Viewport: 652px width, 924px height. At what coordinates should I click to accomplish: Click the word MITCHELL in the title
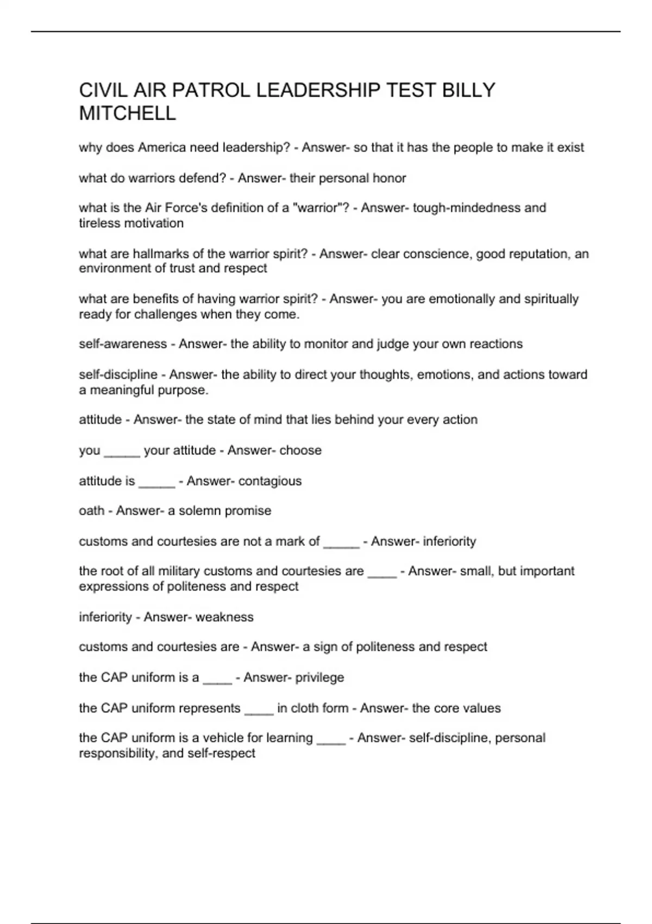(x=128, y=114)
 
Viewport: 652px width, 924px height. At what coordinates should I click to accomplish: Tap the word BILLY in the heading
(x=468, y=90)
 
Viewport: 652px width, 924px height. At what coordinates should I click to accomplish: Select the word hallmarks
(x=160, y=254)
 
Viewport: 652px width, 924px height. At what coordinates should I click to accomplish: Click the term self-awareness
(x=123, y=344)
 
